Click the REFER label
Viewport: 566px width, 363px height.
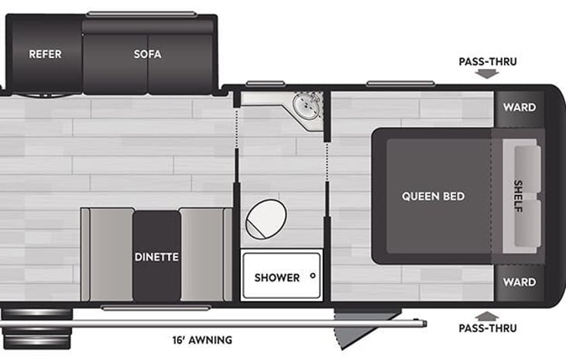click(45, 54)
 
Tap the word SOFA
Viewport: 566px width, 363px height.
click(147, 54)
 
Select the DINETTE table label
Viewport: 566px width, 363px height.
click(156, 257)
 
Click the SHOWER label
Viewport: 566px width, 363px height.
click(277, 278)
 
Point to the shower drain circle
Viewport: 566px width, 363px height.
click(313, 276)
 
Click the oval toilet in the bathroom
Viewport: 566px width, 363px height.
click(266, 219)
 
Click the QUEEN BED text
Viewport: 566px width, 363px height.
click(433, 197)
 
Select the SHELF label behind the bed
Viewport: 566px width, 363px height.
click(518, 196)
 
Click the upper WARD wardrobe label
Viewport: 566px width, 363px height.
click(520, 107)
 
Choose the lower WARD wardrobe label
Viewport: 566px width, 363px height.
click(520, 282)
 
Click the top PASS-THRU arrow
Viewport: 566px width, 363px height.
click(487, 74)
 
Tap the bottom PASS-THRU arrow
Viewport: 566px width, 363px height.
click(487, 317)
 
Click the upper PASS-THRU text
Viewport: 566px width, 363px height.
click(488, 62)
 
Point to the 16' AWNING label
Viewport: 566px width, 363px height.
click(202, 340)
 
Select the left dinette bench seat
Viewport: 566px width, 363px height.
click(107, 255)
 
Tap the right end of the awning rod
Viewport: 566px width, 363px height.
click(427, 324)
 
